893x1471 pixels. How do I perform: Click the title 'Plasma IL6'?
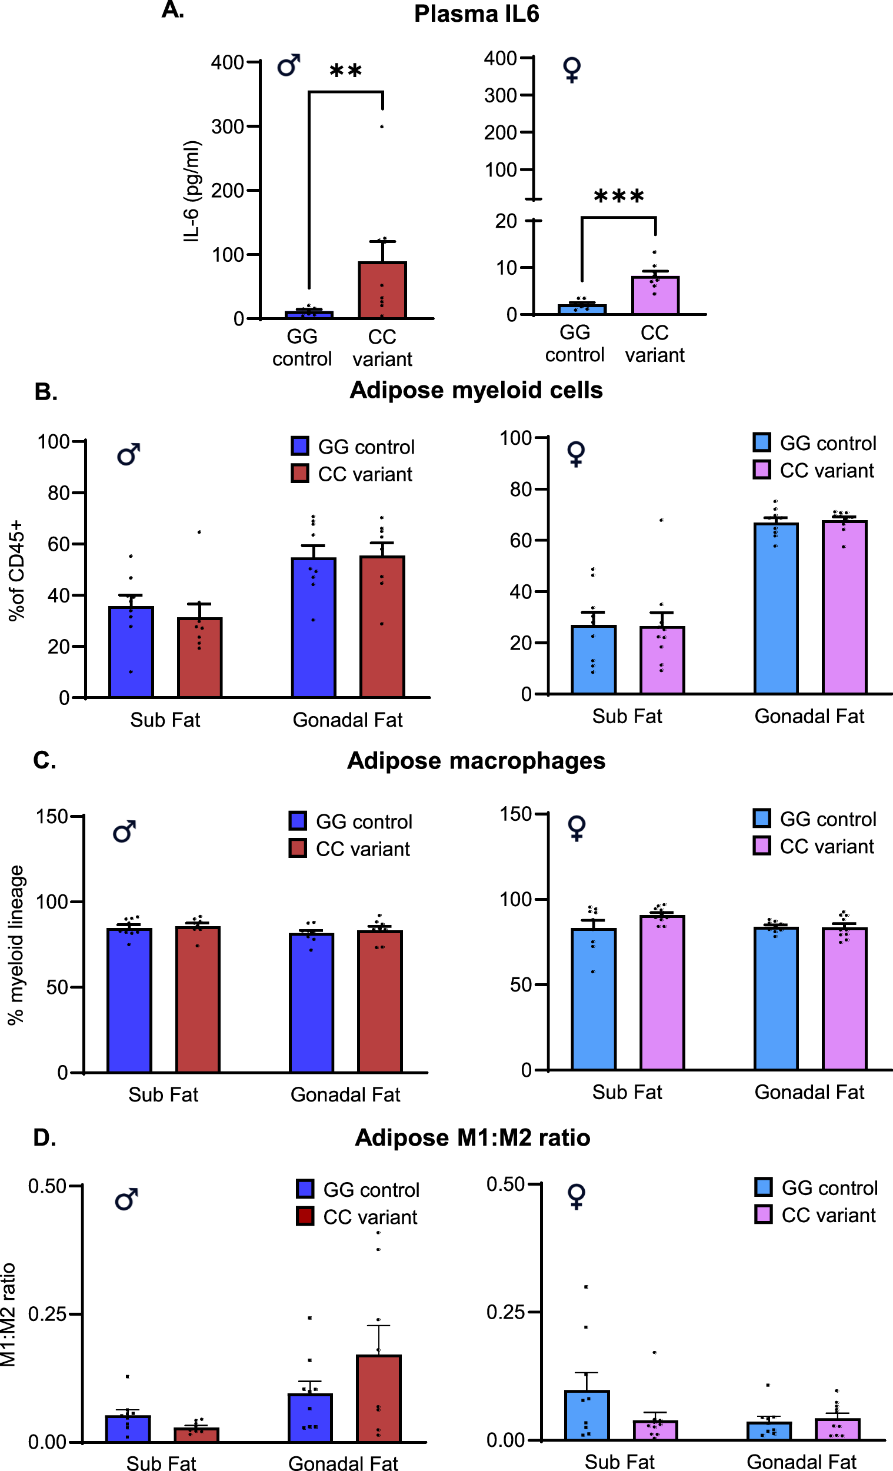(x=477, y=14)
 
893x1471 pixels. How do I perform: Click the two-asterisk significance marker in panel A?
(x=346, y=72)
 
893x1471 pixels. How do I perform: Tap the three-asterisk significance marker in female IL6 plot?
(x=619, y=197)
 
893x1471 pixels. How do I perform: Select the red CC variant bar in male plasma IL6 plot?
(x=382, y=290)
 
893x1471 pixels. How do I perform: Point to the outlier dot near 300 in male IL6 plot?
(x=382, y=127)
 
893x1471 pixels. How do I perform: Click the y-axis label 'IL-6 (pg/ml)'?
(x=191, y=191)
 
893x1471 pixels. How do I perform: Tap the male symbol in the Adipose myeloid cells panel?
(x=128, y=454)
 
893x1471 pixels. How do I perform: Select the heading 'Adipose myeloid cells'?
(x=476, y=390)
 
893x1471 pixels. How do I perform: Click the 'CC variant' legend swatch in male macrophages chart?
(x=298, y=848)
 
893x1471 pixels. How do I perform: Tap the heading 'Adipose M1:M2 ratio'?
(x=472, y=1137)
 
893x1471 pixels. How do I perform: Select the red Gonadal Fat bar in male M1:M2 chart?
(x=378, y=1398)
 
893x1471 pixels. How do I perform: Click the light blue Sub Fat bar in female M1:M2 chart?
(x=587, y=1415)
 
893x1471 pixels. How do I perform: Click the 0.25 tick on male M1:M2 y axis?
(x=47, y=1313)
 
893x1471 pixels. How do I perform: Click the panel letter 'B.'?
(x=46, y=392)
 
